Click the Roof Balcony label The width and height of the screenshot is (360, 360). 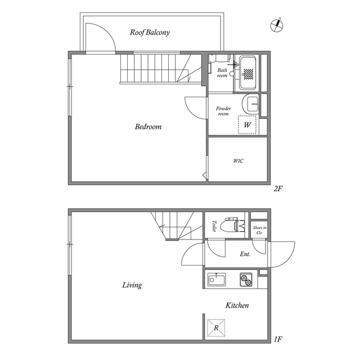(150, 33)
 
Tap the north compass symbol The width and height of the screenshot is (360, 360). (277, 25)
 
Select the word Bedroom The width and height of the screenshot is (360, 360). (148, 127)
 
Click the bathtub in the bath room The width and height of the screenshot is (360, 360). (247, 73)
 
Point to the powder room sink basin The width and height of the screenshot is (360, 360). (251, 104)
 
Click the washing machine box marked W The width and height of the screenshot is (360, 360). (247, 125)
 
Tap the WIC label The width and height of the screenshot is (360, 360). (238, 161)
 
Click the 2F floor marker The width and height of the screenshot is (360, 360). (278, 189)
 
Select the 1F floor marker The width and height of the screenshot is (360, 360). (278, 339)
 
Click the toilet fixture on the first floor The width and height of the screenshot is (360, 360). (232, 225)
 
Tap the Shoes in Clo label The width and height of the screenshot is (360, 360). (259, 230)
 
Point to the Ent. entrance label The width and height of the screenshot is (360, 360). (245, 254)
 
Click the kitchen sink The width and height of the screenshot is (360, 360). (217, 280)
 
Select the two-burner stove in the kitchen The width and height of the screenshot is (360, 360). (246, 280)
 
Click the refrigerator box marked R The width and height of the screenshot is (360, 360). (216, 328)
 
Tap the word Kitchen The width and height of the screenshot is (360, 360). (237, 305)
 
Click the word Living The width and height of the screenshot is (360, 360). (132, 285)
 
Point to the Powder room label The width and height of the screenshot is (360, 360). (223, 111)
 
